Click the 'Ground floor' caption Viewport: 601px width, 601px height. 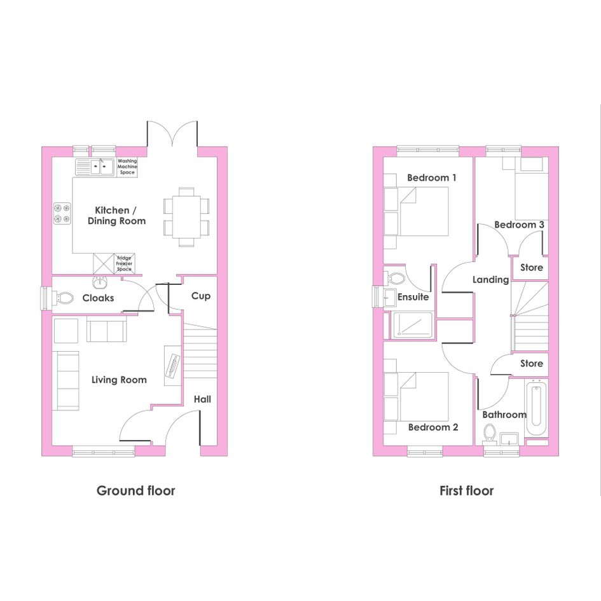(135, 490)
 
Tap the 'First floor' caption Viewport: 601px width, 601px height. (466, 490)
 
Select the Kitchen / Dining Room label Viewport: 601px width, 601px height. (116, 216)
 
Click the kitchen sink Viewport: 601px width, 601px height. (95, 167)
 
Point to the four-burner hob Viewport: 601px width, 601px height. (62, 214)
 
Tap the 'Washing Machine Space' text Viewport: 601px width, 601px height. (127, 167)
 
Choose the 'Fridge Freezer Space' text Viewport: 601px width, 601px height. (124, 264)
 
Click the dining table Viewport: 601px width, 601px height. (186, 217)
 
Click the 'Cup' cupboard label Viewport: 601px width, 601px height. (201, 296)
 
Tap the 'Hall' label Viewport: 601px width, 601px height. (202, 399)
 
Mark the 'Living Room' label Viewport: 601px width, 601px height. (119, 380)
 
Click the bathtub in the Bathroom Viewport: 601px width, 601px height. (537, 408)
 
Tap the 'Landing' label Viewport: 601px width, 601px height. (490, 280)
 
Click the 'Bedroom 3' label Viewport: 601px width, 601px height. (520, 225)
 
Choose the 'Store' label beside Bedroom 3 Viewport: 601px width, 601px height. (532, 268)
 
